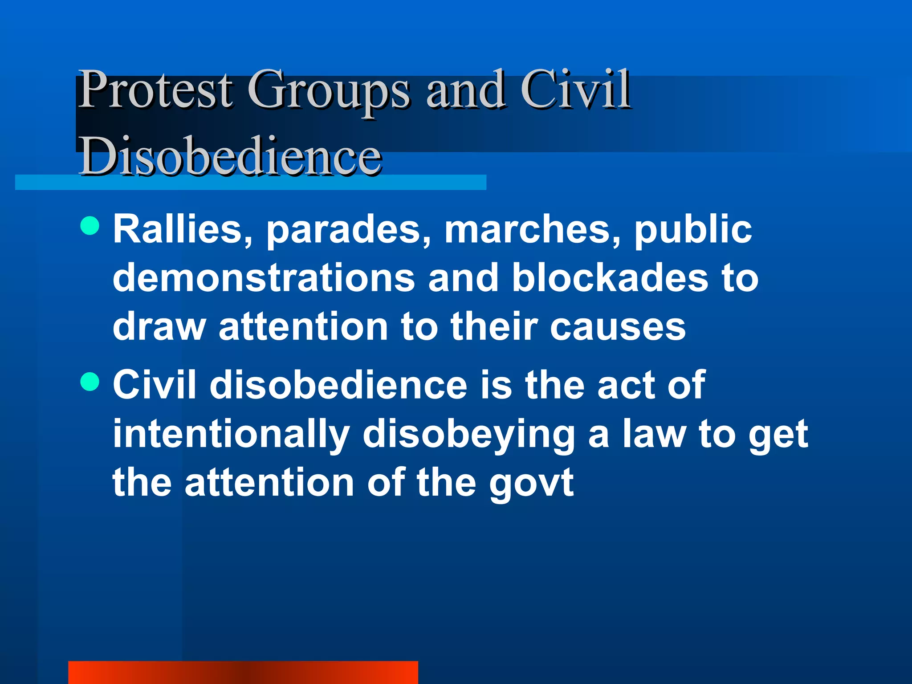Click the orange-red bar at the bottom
(x=243, y=672)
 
